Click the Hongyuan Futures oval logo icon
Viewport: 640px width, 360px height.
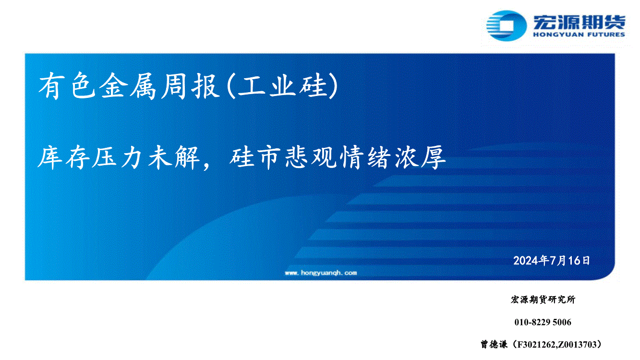(506, 26)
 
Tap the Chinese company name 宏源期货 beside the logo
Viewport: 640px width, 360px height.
(579, 22)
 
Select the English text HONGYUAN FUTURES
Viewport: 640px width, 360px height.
(579, 35)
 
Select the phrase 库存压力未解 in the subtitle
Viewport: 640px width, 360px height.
(119, 157)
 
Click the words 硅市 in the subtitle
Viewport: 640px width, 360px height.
(255, 157)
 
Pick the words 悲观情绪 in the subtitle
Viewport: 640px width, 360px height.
(338, 157)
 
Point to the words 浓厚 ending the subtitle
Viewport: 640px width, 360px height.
(420, 157)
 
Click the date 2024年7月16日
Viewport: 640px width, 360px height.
(552, 261)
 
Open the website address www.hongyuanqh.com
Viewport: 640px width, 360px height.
(321, 273)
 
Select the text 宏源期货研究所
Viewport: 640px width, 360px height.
(543, 300)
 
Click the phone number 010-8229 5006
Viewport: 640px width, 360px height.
(543, 322)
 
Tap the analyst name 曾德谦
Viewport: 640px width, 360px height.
(494, 345)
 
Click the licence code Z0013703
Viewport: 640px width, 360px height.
(577, 345)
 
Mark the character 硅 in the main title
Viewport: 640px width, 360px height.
(313, 86)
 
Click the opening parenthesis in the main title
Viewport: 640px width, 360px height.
(231, 86)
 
